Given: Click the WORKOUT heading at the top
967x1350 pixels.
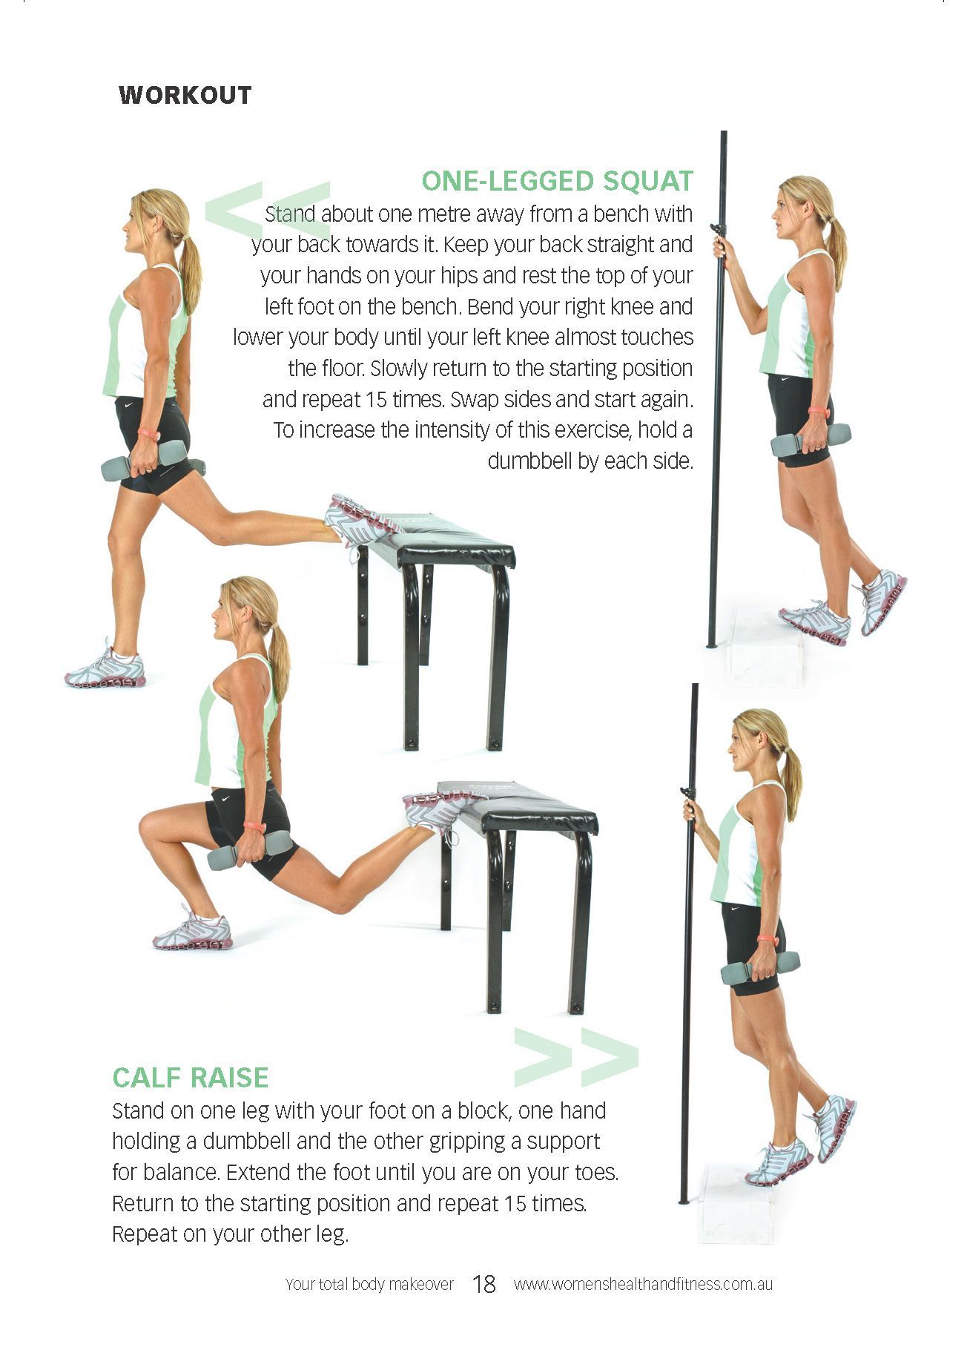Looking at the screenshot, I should [185, 96].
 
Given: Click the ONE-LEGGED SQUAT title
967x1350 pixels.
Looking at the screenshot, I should [557, 181].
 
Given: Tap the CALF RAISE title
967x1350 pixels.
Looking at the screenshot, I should [190, 1077].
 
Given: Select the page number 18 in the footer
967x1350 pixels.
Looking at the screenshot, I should [483, 1284].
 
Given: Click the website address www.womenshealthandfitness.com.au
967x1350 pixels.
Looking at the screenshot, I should [643, 1284].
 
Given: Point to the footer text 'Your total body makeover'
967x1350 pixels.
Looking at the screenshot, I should [369, 1284].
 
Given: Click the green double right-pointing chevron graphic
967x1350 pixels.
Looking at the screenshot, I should [575, 1056].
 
